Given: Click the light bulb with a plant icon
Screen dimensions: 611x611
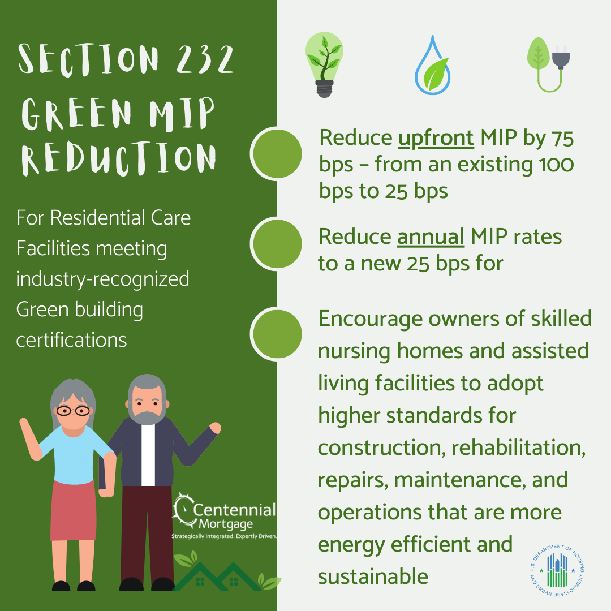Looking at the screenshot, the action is pyautogui.click(x=324, y=64).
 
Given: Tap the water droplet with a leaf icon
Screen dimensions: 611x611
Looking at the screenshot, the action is pyautogui.click(x=433, y=66).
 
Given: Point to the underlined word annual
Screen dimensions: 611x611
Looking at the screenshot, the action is pyautogui.click(x=430, y=236).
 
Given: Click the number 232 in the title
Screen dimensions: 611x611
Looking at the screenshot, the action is pyautogui.click(x=205, y=59).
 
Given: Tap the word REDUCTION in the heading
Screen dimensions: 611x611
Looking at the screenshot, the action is pyautogui.click(x=118, y=158).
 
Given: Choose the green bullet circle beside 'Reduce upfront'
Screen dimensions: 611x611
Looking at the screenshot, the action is pyautogui.click(x=277, y=154).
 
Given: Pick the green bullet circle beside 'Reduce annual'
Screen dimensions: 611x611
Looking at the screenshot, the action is pyautogui.click(x=277, y=244).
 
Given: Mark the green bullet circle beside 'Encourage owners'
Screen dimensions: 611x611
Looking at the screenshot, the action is pyautogui.click(x=277, y=334).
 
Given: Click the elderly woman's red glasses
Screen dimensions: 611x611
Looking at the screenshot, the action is pyautogui.click(x=73, y=411).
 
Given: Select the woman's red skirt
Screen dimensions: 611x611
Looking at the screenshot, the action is pyautogui.click(x=73, y=510).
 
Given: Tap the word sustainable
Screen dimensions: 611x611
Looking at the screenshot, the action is pyautogui.click(x=373, y=576).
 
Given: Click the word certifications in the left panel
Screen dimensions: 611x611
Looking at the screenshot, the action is pyautogui.click(x=71, y=340).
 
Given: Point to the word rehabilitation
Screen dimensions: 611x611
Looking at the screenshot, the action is pyautogui.click(x=518, y=448).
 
